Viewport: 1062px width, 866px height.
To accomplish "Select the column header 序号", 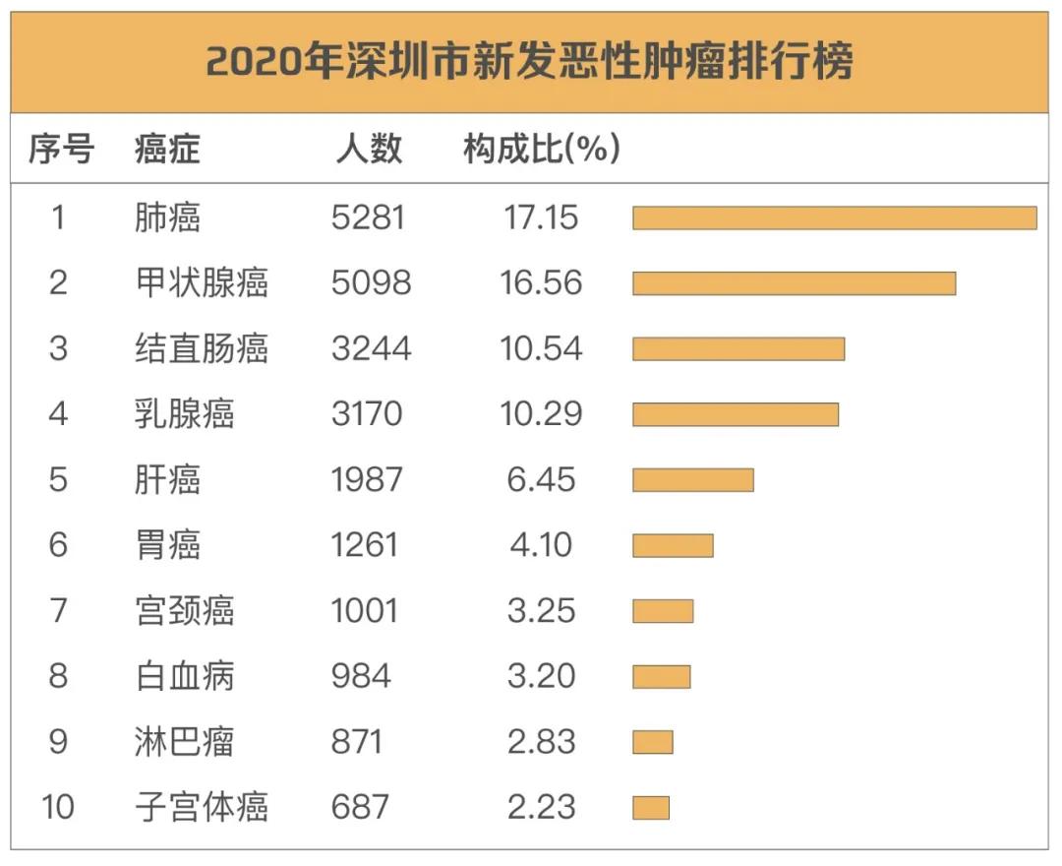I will [61, 149].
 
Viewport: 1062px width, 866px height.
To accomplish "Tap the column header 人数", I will [369, 149].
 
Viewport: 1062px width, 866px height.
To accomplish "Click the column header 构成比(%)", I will [542, 149].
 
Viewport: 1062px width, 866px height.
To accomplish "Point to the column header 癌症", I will [167, 149].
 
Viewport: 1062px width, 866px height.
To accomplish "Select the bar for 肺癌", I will [834, 217].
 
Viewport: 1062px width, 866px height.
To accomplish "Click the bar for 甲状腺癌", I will [794, 283].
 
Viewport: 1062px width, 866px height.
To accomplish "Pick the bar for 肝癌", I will [692, 479].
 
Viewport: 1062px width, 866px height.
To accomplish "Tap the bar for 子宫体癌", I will [650, 808].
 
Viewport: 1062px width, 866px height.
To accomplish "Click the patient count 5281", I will [368, 217].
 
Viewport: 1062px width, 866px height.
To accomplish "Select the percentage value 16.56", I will [541, 283].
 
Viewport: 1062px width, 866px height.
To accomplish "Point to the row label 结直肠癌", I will [201, 348].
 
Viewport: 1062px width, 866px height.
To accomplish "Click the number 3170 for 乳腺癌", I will [367, 413].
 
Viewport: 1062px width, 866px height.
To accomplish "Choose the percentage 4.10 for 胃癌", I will [541, 545].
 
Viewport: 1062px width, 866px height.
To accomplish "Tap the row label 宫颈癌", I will [184, 610].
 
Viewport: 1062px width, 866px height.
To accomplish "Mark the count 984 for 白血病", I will [361, 676].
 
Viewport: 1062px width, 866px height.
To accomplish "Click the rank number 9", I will [58, 742].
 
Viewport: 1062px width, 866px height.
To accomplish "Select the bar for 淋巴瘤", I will [652, 742].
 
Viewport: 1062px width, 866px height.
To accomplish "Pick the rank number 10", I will [58, 808].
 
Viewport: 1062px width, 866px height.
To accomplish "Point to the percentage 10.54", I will [541, 348].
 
